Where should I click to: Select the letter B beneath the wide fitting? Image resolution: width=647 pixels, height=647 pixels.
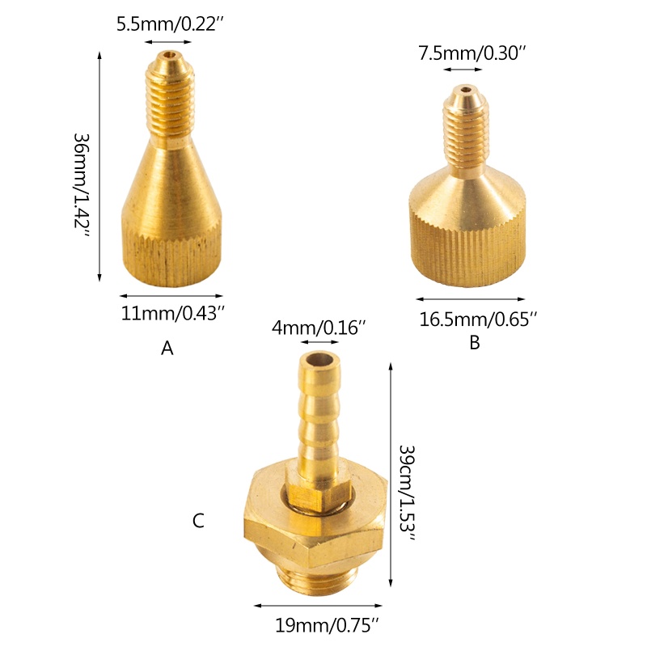(475, 342)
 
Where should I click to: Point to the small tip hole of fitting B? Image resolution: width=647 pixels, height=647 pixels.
(467, 92)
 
